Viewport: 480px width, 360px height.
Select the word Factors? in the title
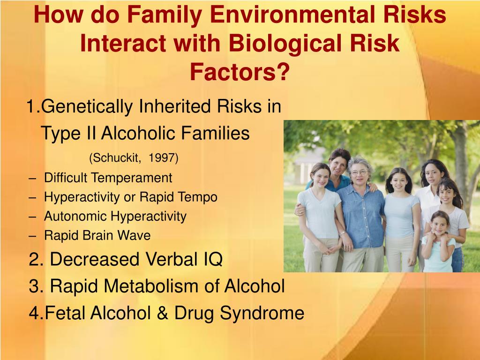pyautogui.click(x=240, y=72)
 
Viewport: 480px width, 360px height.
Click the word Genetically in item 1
pyautogui.click(x=87, y=107)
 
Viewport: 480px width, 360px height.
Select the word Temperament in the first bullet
pyautogui.click(x=131, y=178)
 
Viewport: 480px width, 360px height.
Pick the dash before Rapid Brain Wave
pyautogui.click(x=32, y=236)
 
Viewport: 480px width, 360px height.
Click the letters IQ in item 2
pyautogui.click(x=213, y=259)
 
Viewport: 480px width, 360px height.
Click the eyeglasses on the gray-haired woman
pyautogui.click(x=360, y=172)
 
